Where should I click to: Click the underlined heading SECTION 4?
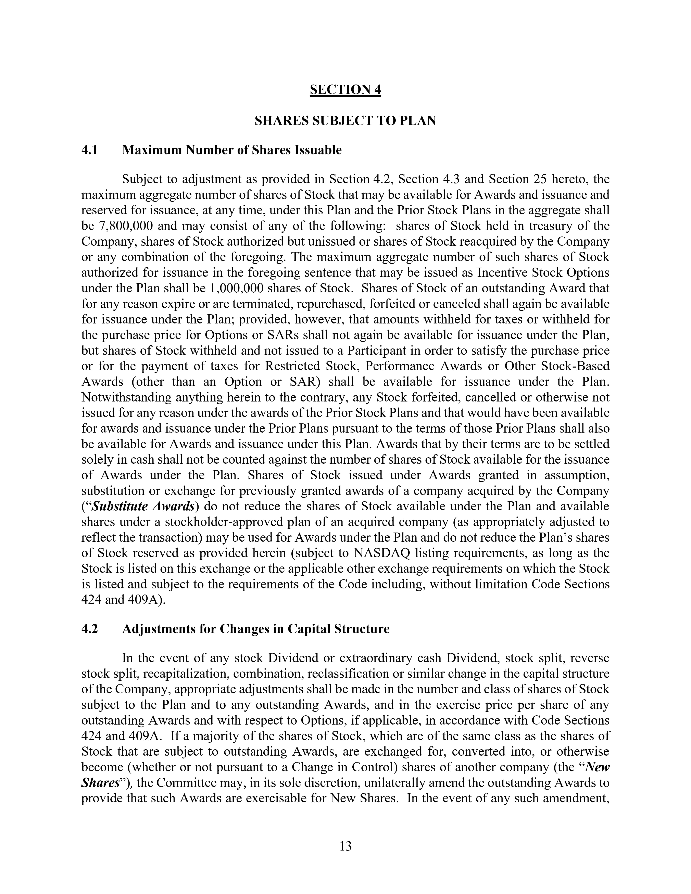point(345,90)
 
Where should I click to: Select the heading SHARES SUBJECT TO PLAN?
point(345,121)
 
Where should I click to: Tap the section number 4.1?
point(90,150)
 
